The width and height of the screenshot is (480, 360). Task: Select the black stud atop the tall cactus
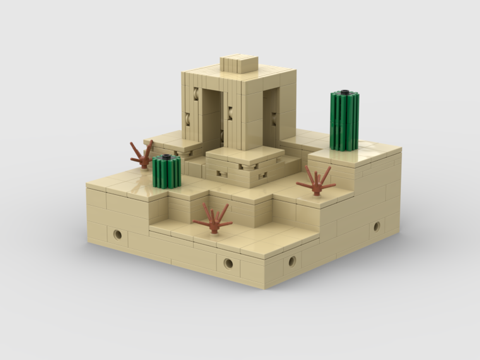tap(345, 92)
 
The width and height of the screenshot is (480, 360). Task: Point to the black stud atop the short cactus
tap(167, 157)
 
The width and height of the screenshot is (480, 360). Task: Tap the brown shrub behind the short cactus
tap(142, 155)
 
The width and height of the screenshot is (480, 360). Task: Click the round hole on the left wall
tap(118, 234)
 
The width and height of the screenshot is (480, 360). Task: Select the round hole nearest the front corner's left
tap(228, 263)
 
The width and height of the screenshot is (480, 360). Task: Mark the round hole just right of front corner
tap(291, 261)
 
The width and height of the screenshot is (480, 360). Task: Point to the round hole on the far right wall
tap(376, 226)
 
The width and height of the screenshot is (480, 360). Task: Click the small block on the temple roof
tap(239, 64)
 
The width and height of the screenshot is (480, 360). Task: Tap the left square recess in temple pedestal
tap(222, 174)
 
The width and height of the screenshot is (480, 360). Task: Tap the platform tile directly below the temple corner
tap(245, 155)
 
